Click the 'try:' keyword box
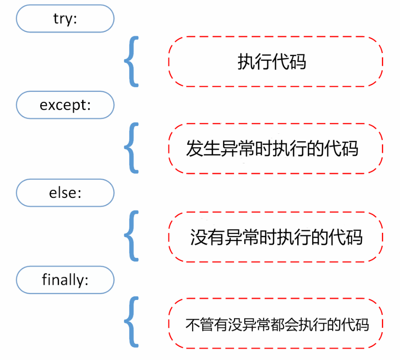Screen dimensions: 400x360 pyautogui.click(x=65, y=19)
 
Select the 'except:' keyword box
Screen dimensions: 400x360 pyautogui.click(x=65, y=105)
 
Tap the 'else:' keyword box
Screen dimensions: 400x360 pyautogui.click(x=65, y=193)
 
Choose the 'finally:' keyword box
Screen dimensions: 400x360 pyautogui.click(x=65, y=280)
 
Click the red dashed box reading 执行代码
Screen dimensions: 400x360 pyautogui.click(x=275, y=61)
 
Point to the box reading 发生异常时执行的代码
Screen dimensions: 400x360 pyautogui.click(x=275, y=148)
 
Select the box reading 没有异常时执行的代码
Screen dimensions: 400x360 pyautogui.click(x=275, y=237)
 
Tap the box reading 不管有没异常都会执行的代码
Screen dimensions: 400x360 pyautogui.click(x=275, y=323)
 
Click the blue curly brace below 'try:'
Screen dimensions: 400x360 pyautogui.click(x=130, y=61)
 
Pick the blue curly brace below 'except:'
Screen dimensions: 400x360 pyautogui.click(x=130, y=148)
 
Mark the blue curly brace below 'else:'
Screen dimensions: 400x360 pyautogui.click(x=130, y=236)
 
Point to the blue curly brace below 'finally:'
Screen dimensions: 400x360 pyautogui.click(x=130, y=322)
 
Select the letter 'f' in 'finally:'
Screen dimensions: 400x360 pyautogui.click(x=45, y=279)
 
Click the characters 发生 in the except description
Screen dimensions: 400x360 pyautogui.click(x=203, y=148)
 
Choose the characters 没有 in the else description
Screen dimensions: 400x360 pyautogui.click(x=208, y=237)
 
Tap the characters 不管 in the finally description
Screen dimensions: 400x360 pyautogui.click(x=200, y=325)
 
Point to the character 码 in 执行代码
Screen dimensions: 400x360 pyautogui.click(x=298, y=62)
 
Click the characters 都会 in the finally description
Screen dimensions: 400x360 pyautogui.click(x=284, y=325)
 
